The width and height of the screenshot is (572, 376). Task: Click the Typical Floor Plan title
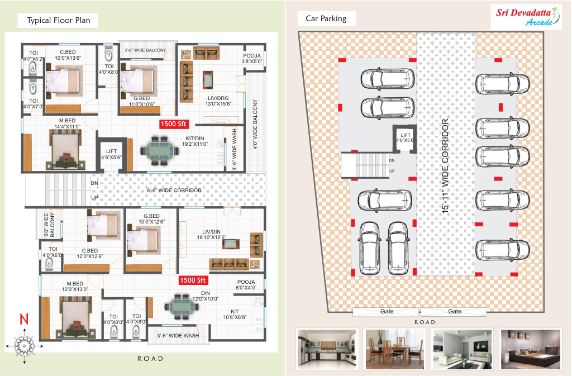pos(58,21)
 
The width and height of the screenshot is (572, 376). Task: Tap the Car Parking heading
pos(326,18)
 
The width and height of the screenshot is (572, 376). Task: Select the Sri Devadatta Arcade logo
pos(526,17)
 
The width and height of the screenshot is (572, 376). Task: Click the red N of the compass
pos(24,319)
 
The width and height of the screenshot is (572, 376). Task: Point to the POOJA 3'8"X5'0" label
pos(252,58)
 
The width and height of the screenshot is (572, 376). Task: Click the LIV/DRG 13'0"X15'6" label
pos(218,101)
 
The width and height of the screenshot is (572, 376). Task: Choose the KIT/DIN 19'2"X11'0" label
pos(195,141)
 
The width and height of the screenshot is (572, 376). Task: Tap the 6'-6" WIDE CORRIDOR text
pos(174,191)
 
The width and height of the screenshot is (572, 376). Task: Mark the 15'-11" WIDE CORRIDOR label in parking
pos(445,166)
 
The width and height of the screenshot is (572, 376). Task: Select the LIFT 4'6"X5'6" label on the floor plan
pos(111,154)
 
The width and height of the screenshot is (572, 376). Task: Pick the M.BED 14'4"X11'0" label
pos(67,123)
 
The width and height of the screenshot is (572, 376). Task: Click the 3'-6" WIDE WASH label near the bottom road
pos(178,336)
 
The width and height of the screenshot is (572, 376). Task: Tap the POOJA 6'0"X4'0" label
pos(246,284)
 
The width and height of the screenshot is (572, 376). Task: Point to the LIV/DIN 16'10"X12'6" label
pos(211,234)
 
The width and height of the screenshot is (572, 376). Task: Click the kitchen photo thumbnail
pos(327,349)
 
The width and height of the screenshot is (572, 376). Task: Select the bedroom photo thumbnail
pos(531,349)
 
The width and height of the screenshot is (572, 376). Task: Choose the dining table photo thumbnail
pos(395,349)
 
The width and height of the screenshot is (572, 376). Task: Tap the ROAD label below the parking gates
pos(425,322)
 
